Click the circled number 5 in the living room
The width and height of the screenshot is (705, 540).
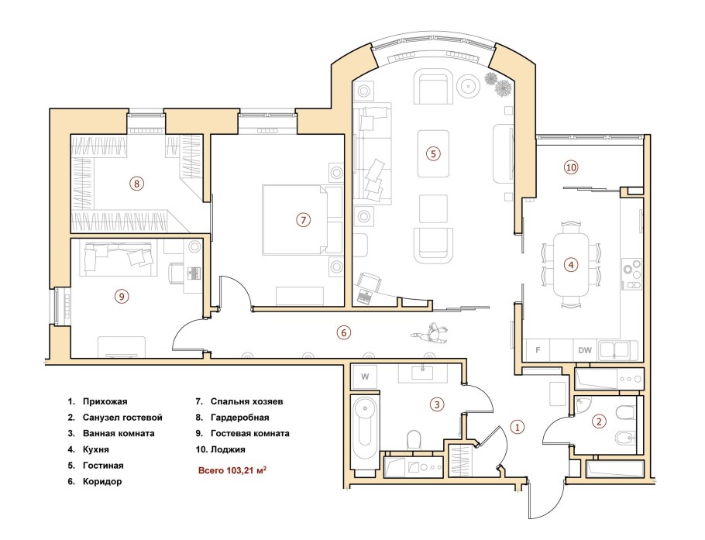click(433, 153)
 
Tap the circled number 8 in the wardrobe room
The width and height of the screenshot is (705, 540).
click(136, 184)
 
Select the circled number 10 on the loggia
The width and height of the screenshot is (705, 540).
click(570, 167)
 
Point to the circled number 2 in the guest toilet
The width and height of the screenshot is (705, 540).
click(599, 421)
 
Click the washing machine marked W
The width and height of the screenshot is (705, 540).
click(365, 377)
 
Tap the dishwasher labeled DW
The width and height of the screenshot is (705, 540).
click(585, 350)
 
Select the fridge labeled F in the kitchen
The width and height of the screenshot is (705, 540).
click(538, 350)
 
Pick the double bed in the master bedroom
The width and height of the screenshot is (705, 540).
click(302, 220)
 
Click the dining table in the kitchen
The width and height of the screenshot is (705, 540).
click(570, 264)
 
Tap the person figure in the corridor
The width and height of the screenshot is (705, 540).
click(432, 334)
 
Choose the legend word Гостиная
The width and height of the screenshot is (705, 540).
click(103, 466)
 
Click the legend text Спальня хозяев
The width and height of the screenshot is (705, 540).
click(247, 401)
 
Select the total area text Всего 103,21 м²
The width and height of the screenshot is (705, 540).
click(232, 471)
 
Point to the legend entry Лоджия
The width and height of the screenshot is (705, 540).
click(228, 449)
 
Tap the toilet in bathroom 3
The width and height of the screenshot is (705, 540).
click(413, 439)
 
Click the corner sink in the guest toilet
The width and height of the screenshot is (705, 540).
click(583, 405)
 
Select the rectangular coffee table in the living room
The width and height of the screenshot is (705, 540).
click(433, 153)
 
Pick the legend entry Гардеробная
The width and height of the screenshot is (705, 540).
click(239, 418)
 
